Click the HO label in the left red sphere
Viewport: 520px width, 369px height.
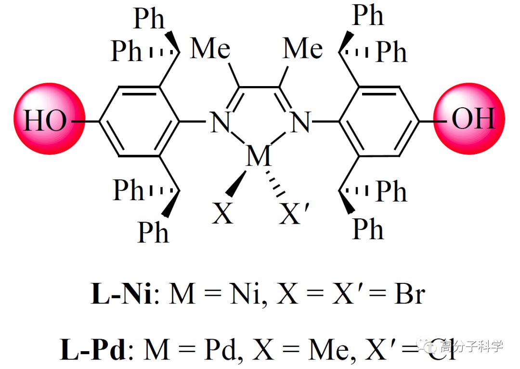45,120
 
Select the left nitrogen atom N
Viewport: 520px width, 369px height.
220,122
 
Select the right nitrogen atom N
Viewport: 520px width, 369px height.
300,122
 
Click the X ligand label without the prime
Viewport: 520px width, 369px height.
222,214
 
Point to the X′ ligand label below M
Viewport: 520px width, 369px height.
294,214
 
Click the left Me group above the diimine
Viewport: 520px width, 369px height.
210,49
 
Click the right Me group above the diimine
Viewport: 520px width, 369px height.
302,49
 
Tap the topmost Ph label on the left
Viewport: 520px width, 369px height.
149,18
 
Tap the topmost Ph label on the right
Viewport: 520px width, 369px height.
368,15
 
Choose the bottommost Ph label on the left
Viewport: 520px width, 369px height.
153,232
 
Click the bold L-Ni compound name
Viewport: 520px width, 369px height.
121,294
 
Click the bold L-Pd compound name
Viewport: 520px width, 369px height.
93,350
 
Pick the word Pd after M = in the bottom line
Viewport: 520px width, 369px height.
221,350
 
